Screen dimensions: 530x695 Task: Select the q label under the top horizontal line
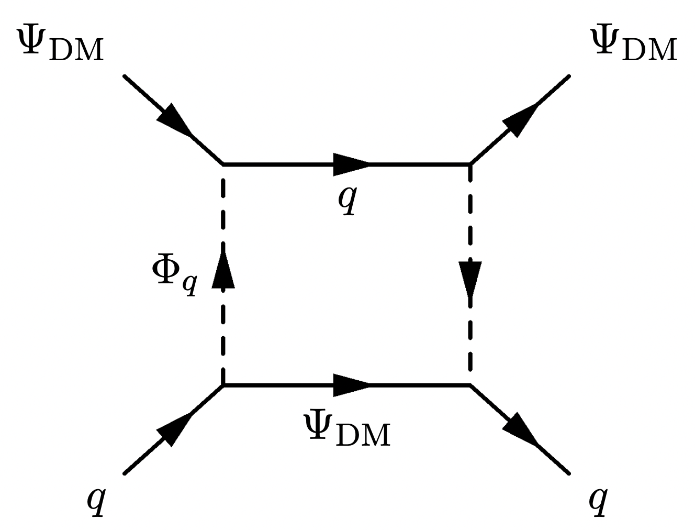coord(347,200)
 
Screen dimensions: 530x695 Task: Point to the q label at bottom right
coord(598,501)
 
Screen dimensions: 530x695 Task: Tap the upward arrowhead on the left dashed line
coord(223,270)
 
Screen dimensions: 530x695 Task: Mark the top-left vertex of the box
coord(223,164)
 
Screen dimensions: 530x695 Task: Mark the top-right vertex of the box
coord(470,164)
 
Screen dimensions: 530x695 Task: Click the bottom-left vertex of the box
coord(223,385)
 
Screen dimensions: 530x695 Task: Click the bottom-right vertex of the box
coord(470,385)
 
